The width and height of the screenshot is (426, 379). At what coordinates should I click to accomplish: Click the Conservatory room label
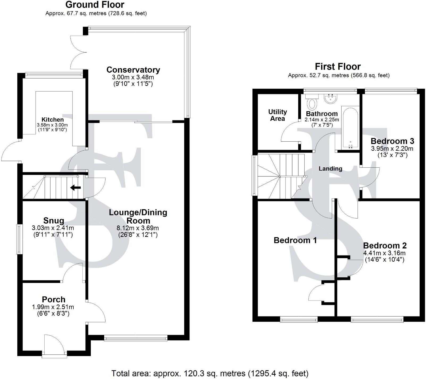(133, 70)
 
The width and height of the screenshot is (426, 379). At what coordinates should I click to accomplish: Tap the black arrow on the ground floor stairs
(76, 188)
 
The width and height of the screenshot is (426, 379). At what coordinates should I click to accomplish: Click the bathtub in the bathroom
(351, 128)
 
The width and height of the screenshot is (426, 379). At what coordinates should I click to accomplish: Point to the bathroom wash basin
(331, 99)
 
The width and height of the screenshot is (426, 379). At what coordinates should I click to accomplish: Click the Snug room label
(54, 221)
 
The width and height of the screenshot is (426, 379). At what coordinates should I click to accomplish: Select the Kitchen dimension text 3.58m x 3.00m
(52, 125)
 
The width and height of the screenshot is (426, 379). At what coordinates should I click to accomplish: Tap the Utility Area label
(277, 115)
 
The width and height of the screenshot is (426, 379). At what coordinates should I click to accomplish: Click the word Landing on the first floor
(330, 168)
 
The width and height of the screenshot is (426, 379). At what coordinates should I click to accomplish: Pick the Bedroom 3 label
(392, 141)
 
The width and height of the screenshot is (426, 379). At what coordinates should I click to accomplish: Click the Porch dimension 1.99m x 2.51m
(53, 307)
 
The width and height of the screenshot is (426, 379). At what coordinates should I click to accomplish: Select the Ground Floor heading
(95, 5)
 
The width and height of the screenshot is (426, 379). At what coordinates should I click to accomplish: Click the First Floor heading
(338, 66)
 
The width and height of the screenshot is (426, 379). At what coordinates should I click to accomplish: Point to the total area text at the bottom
(210, 373)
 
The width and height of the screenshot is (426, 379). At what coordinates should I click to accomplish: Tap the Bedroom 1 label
(295, 240)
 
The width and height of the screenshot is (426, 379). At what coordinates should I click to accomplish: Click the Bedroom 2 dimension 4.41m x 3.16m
(384, 253)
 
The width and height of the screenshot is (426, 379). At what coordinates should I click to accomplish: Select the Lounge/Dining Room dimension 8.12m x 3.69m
(138, 228)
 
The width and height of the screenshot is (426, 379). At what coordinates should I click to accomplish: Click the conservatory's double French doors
(78, 52)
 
